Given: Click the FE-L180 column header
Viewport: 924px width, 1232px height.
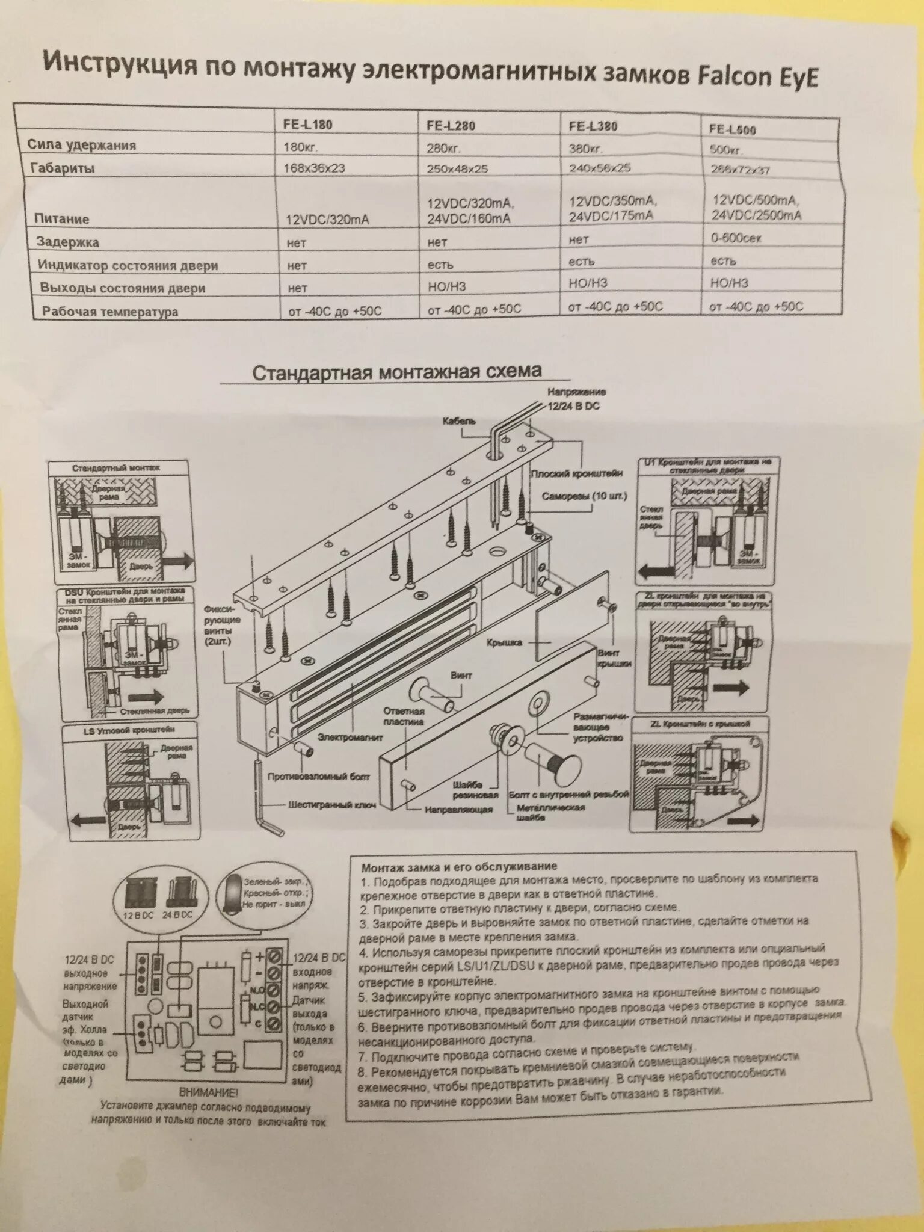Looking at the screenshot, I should pyautogui.click(x=307, y=124).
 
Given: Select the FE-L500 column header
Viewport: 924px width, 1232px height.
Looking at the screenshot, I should pyautogui.click(x=732, y=129).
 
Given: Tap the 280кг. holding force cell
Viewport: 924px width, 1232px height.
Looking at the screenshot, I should pyautogui.click(x=444, y=148).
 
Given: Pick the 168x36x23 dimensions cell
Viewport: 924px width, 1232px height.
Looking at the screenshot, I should pyautogui.click(x=314, y=168).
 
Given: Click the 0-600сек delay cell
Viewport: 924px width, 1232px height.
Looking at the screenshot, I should pyautogui.click(x=736, y=238).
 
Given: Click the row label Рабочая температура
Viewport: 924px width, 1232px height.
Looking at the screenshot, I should pyautogui.click(x=110, y=312).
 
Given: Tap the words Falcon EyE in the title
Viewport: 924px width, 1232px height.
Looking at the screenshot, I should pyautogui.click(x=757, y=78).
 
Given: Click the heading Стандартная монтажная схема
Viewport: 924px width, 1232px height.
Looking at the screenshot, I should pyautogui.click(x=396, y=371).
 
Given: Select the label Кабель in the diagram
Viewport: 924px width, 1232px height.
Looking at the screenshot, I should pyautogui.click(x=458, y=421).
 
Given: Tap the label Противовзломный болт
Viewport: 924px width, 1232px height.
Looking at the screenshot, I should pyautogui.click(x=319, y=777).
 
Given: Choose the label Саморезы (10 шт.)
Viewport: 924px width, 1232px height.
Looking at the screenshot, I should pyautogui.click(x=584, y=497).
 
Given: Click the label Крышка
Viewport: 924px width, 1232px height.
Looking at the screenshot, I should pyautogui.click(x=505, y=642).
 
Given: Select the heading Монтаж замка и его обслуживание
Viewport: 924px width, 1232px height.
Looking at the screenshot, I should pyautogui.click(x=459, y=867).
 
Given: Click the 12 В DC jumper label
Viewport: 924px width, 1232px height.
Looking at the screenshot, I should pyautogui.click(x=139, y=914).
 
